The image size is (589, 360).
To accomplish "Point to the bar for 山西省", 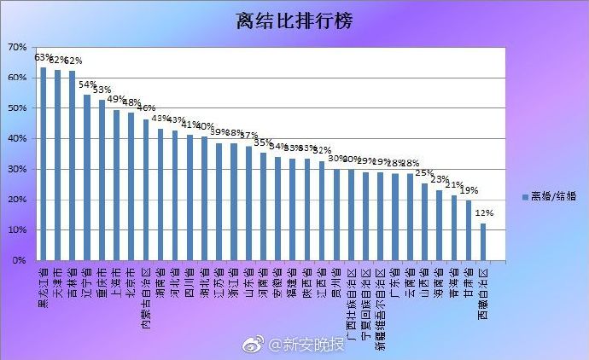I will [x=424, y=222].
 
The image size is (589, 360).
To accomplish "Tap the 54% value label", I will [x=87, y=85].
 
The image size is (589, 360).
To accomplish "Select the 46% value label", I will [x=146, y=108].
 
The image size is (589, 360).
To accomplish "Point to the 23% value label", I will [x=440, y=180].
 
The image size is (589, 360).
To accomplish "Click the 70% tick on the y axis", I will [x=18, y=47].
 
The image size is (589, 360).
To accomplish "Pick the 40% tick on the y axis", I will [x=18, y=138].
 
